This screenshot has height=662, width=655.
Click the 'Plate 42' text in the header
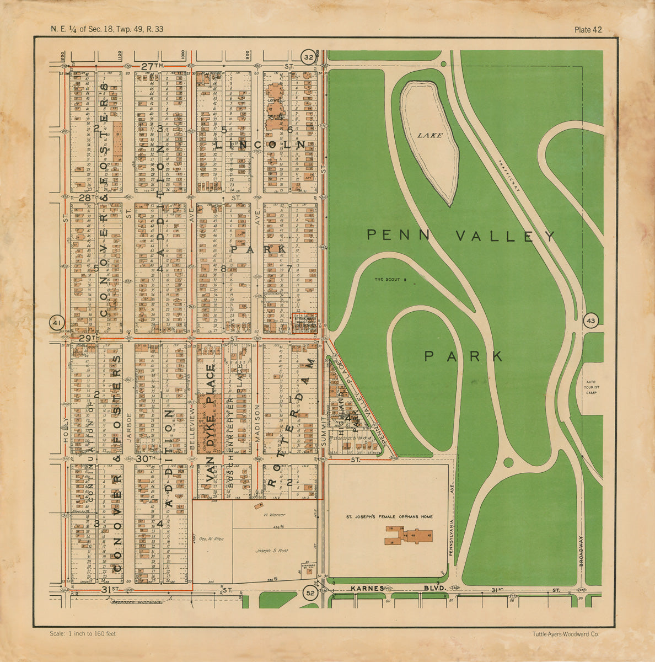(x=588, y=30)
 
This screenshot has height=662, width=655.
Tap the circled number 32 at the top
(x=309, y=57)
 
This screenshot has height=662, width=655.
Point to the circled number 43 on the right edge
(x=590, y=321)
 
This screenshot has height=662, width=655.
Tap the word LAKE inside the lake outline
(x=429, y=135)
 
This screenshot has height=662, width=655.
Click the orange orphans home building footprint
(x=409, y=536)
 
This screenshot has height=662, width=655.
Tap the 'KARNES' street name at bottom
(x=367, y=589)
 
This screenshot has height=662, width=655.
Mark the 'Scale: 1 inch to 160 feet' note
(x=83, y=634)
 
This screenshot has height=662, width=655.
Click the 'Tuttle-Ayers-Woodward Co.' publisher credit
(x=566, y=634)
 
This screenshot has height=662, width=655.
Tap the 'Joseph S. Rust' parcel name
(x=271, y=551)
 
